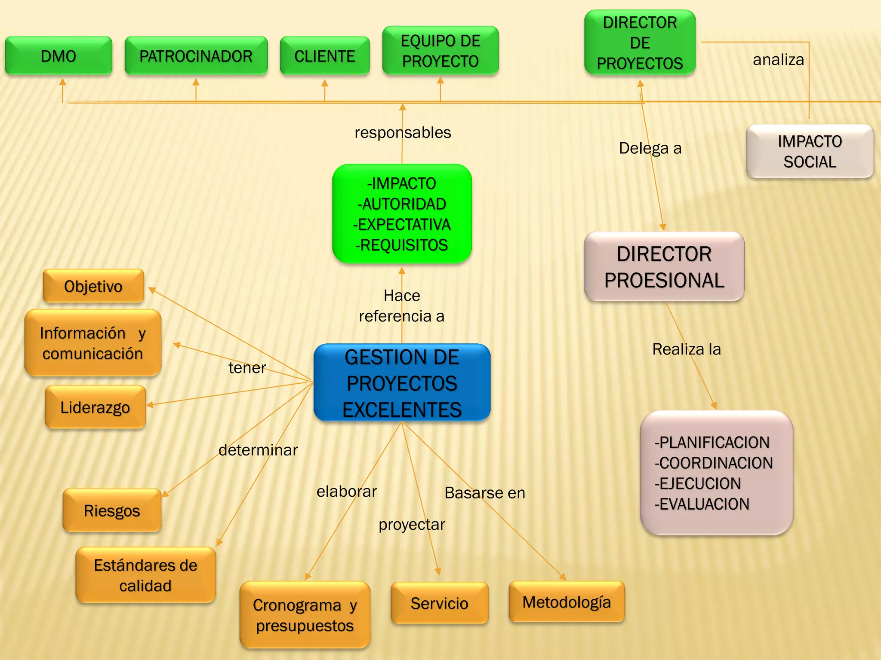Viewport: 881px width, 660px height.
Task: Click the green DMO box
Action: pyautogui.click(x=59, y=56)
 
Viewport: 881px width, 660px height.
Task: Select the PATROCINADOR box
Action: pyautogui.click(x=196, y=56)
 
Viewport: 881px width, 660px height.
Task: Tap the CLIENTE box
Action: pyautogui.click(x=325, y=56)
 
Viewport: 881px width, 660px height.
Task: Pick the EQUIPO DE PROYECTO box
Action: pyautogui.click(x=440, y=51)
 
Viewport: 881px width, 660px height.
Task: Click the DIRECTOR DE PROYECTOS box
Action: pyautogui.click(x=640, y=43)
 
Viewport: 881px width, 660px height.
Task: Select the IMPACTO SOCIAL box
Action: pyautogui.click(x=810, y=151)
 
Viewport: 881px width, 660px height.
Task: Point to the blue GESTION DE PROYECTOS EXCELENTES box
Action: pyautogui.click(x=402, y=383)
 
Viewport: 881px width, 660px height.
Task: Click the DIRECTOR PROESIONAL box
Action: pyautogui.click(x=664, y=267)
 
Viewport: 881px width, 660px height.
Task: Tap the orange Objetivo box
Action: pyautogui.click(x=93, y=286)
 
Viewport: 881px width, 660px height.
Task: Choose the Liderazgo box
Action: pyautogui.click(x=95, y=407)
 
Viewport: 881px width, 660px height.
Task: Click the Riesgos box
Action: pyautogui.click(x=112, y=510)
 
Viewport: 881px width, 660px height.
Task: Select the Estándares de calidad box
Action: pyautogui.click(x=145, y=575)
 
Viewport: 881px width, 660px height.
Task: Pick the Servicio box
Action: pyautogui.click(x=439, y=603)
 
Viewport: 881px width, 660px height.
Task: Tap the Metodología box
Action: pyautogui.click(x=567, y=602)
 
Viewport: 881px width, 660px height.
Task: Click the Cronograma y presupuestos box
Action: pyautogui.click(x=305, y=615)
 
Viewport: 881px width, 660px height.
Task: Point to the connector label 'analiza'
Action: pyautogui.click(x=778, y=60)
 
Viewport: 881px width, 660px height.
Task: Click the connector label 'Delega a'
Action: pyautogui.click(x=650, y=148)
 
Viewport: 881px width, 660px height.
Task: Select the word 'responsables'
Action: pyautogui.click(x=403, y=132)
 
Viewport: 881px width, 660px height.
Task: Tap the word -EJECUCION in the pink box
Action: pyautogui.click(x=697, y=483)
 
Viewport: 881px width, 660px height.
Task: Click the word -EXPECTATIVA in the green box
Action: pyautogui.click(x=402, y=224)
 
